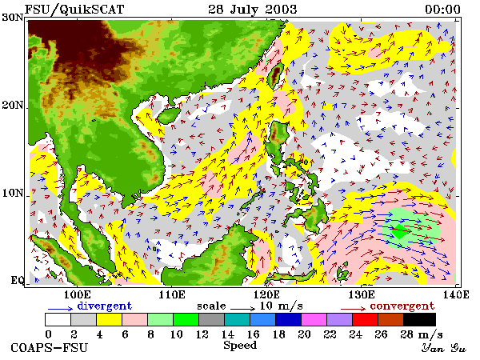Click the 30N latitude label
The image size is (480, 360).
point(12,18)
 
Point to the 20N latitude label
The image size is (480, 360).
point(12,106)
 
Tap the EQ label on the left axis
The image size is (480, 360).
point(18,280)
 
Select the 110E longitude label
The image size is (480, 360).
point(172,294)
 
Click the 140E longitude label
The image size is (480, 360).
point(456,294)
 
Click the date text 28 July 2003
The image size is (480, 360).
point(253,9)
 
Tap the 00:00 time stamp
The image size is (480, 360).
point(442,10)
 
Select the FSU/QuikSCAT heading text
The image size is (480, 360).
point(74,10)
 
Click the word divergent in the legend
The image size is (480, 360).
point(104,306)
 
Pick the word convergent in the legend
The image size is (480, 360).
point(402,306)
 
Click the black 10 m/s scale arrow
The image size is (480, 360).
point(242,308)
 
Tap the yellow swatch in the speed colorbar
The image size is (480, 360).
point(110,319)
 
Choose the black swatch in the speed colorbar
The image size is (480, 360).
point(420,319)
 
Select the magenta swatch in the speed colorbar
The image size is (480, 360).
point(314,319)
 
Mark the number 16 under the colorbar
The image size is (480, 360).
point(253,334)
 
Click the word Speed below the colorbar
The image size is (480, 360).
point(240,346)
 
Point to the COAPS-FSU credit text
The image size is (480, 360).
point(50,348)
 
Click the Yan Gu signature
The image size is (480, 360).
point(443,348)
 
